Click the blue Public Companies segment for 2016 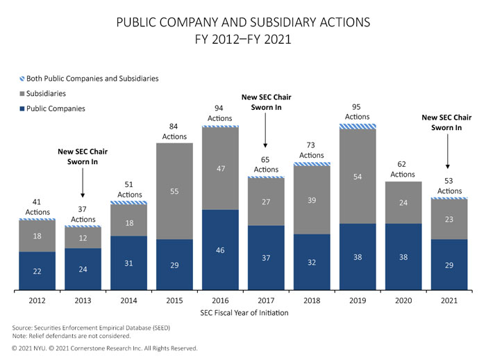pos(220,249)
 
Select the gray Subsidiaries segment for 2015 pos(174,191)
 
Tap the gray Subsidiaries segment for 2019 pos(358,177)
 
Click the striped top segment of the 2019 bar pos(358,127)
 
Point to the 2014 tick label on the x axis pos(128,301)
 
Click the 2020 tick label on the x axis pos(403,301)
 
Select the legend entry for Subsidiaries pos(48,93)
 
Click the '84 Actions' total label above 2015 pos(174,131)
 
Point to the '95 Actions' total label pos(358,112)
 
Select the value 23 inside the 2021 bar pos(449,218)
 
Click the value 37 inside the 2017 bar pos(266,257)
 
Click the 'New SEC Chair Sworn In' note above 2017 pos(266,103)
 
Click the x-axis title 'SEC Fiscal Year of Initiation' pos(243,314)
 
